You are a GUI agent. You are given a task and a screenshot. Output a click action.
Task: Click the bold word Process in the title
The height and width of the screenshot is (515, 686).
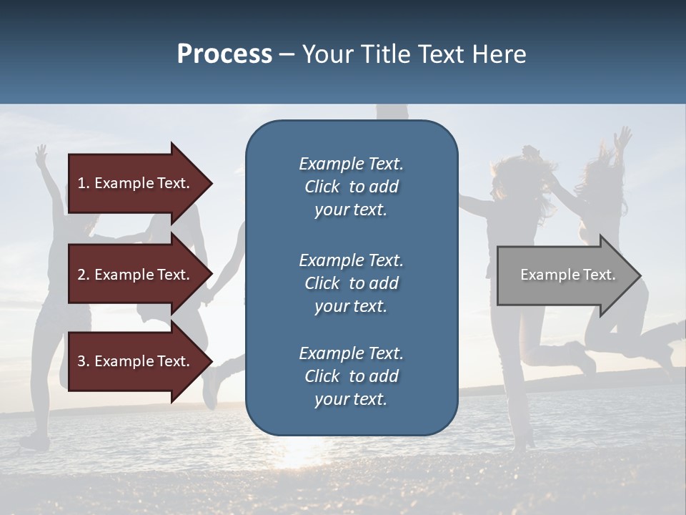coord(224,54)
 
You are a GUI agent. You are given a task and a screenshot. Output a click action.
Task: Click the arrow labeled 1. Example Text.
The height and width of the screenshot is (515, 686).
coord(136,183)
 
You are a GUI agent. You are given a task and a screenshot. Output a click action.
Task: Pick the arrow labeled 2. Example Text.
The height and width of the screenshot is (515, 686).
coord(136,275)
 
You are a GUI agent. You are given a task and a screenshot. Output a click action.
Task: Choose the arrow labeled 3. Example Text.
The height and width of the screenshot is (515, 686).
coord(136,361)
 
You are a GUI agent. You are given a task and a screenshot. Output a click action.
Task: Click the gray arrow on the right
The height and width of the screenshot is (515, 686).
coord(565,275)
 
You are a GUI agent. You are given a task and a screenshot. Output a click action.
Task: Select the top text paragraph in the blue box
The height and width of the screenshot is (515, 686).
coord(351,187)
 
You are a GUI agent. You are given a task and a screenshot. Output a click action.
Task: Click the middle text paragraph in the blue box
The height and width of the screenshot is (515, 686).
coord(351,283)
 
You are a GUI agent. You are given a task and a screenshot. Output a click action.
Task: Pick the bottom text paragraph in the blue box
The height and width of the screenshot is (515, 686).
coord(351,376)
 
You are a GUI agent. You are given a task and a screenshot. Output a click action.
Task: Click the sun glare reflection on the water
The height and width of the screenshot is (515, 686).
coord(300,454)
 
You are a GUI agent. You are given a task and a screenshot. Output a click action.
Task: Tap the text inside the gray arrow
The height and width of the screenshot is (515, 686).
coord(567,275)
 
